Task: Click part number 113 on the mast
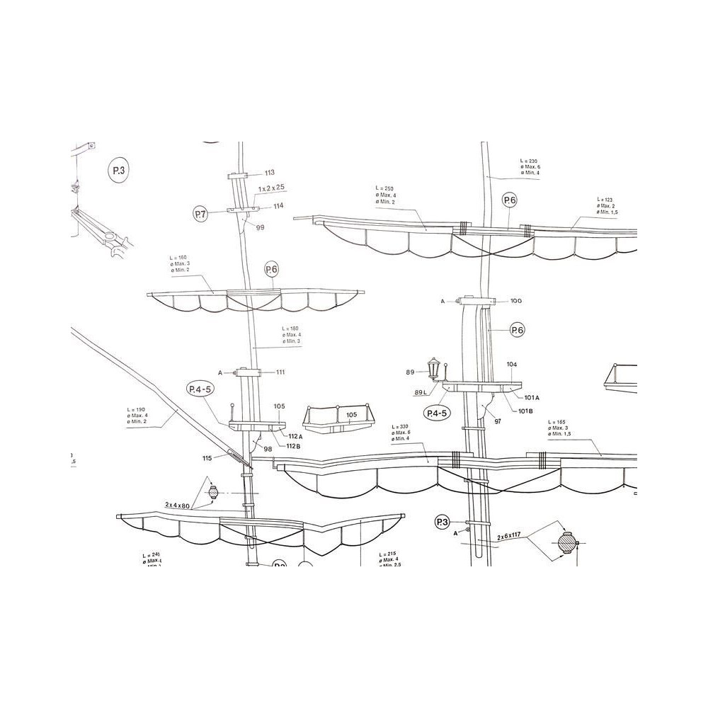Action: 269,173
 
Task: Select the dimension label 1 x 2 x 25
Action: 271,188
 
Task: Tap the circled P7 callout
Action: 200,213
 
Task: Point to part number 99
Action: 260,227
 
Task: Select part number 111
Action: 280,372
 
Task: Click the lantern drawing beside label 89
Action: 434,368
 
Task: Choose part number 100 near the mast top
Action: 516,301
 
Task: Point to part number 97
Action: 498,421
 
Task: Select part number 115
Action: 207,458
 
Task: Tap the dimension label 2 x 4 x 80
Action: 178,505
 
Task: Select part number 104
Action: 512,364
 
